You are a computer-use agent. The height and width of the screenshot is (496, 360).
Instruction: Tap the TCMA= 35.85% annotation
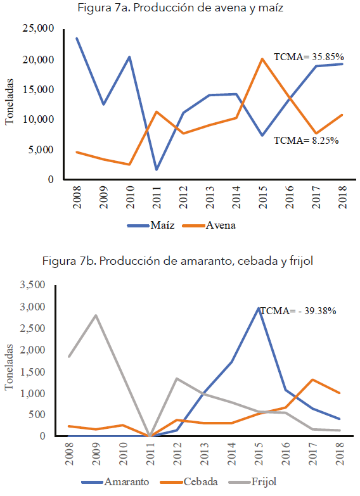(308, 56)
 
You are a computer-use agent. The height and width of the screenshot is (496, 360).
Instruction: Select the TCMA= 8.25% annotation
(305, 141)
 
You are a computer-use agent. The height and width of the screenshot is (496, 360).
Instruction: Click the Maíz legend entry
(148, 225)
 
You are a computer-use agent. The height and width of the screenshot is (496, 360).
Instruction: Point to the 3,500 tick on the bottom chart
(33, 285)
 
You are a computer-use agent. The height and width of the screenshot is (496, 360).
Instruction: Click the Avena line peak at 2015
(262, 59)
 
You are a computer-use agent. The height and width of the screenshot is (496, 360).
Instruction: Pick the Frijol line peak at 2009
(95, 315)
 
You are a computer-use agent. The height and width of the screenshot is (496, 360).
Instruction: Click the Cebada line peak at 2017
(312, 379)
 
